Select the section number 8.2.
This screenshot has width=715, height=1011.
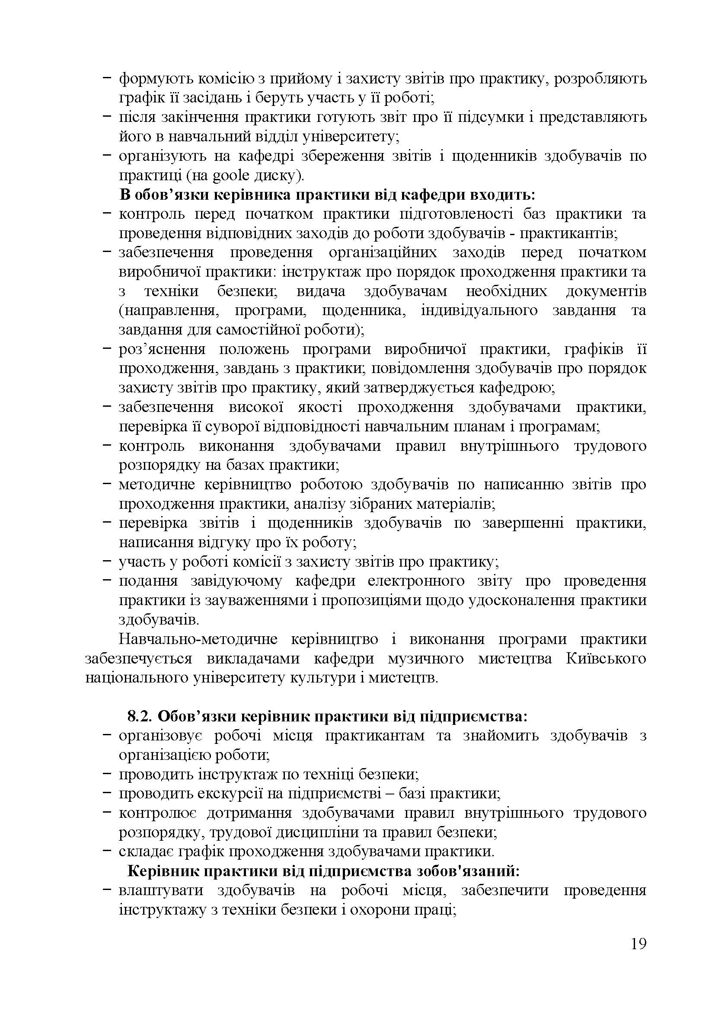click(140, 716)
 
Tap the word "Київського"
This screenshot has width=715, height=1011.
click(605, 659)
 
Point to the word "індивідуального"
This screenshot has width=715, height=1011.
click(479, 310)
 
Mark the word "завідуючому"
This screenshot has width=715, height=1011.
click(236, 581)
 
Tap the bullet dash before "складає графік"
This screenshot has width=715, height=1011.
click(106, 852)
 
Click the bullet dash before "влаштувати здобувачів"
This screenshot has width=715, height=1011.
click(106, 890)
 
